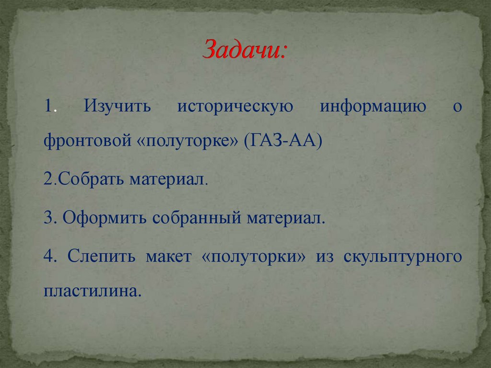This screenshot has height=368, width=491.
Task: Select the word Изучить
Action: [x=117, y=106]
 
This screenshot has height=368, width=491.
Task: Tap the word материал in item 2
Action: [x=168, y=180]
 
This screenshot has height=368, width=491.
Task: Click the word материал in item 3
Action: [x=286, y=218]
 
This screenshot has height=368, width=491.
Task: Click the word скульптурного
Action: [x=402, y=257]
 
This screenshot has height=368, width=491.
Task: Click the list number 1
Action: [x=48, y=106]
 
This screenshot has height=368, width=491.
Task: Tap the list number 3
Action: [x=48, y=218]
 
